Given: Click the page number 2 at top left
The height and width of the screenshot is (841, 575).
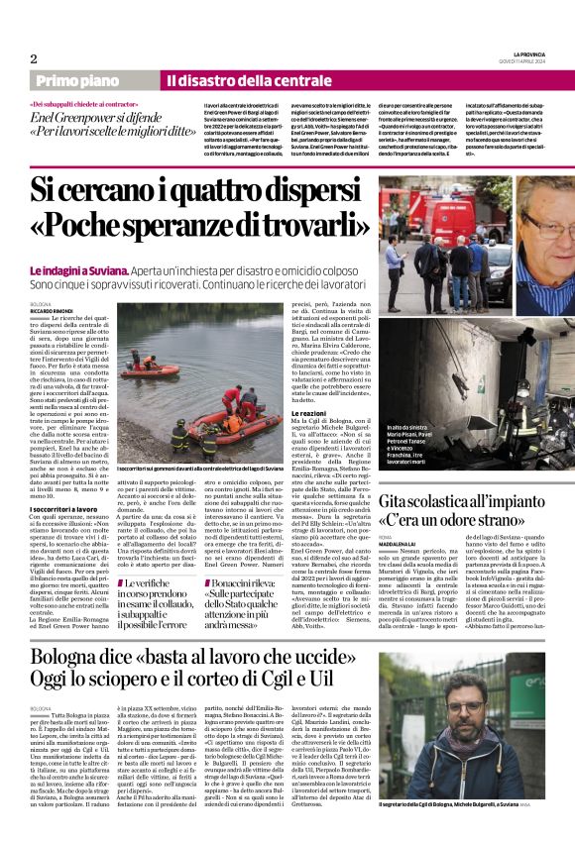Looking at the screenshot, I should click(34, 58).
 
